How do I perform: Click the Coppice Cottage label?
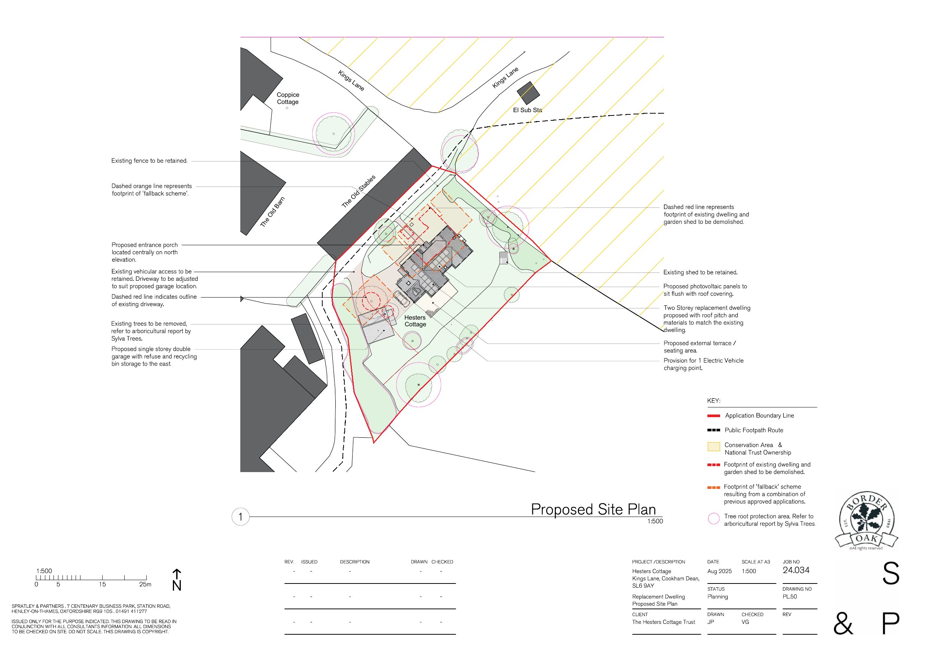[x=288, y=98]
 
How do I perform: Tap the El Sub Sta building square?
[x=528, y=93]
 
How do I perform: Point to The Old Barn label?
[x=272, y=212]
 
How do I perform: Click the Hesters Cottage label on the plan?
[x=415, y=321]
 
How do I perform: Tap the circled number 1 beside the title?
[x=240, y=517]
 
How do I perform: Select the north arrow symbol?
[x=177, y=580]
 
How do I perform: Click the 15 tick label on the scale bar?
[x=102, y=585]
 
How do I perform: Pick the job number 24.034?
[x=796, y=570]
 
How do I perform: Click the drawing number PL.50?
[x=790, y=597]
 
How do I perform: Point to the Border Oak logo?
[x=866, y=521]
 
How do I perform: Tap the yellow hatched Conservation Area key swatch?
[x=714, y=447]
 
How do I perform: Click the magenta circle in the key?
[x=714, y=518]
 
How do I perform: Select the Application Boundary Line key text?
[x=759, y=416]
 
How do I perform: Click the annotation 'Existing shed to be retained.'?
[x=700, y=272]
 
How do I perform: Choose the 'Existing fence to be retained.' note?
[x=150, y=161]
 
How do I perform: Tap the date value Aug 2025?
[x=719, y=572]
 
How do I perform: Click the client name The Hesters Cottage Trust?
[x=664, y=622]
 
